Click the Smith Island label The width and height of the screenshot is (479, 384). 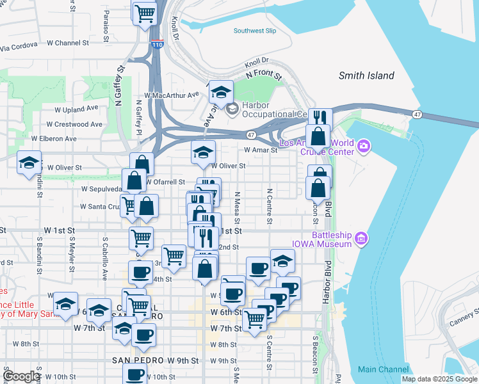coord(366,76)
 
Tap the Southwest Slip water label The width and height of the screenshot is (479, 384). coord(254,30)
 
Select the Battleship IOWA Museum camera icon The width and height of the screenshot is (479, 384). coord(362,239)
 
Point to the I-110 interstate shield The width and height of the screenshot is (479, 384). coord(158,44)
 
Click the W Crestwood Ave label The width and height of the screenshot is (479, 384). coord(74,124)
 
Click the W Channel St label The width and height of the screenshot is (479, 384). coord(71,44)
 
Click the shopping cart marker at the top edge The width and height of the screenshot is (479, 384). coord(145,12)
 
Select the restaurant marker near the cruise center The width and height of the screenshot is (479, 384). coord(318,118)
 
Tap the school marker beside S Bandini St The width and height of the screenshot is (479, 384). coord(29,163)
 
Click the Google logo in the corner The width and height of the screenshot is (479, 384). coord(21,376)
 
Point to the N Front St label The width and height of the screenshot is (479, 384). coord(264,75)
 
